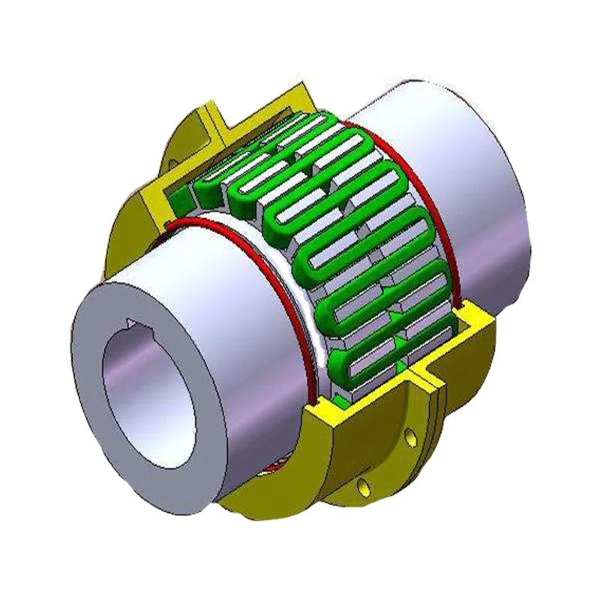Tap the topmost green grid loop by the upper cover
click(x=322, y=124)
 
